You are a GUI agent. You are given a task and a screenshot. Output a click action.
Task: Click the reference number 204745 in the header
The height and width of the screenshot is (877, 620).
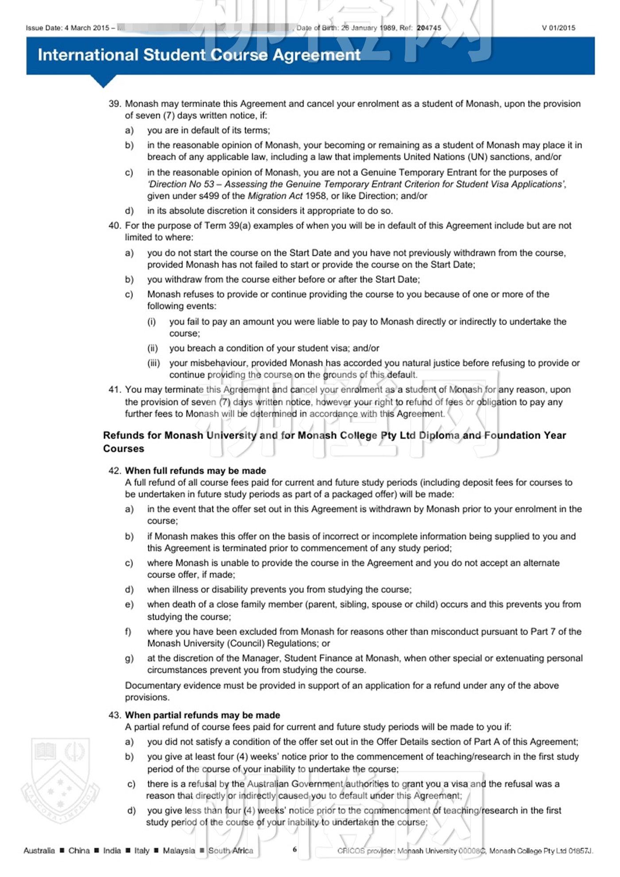pyautogui.click(x=429, y=28)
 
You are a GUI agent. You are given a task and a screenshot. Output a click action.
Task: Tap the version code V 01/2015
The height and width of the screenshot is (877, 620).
pyautogui.click(x=558, y=28)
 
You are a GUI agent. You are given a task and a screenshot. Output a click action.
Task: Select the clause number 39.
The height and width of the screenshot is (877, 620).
pyautogui.click(x=115, y=104)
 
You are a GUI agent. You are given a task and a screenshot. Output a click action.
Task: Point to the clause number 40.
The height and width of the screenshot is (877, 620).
pyautogui.click(x=115, y=225)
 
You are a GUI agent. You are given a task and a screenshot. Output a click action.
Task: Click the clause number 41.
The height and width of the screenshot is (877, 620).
pyautogui.click(x=115, y=390)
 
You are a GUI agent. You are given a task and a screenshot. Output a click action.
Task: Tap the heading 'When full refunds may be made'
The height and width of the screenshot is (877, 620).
pyautogui.click(x=195, y=470)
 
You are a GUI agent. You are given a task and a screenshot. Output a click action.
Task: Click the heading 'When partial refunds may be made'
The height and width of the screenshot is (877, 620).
pyautogui.click(x=202, y=715)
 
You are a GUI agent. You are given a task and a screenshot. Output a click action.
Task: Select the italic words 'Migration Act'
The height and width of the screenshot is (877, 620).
pyautogui.click(x=275, y=196)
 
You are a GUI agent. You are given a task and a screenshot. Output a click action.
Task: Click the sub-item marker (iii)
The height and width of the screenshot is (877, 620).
pyautogui.click(x=154, y=363)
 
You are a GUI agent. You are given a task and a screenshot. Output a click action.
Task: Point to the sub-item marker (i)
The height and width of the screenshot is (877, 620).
pyautogui.click(x=151, y=322)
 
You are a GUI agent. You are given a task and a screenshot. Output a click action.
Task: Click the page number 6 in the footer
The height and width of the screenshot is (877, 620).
pyautogui.click(x=294, y=849)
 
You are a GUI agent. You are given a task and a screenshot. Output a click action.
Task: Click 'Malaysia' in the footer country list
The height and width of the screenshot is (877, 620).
pyautogui.click(x=178, y=850)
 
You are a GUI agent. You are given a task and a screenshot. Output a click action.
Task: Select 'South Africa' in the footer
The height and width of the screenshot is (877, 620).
pyautogui.click(x=231, y=850)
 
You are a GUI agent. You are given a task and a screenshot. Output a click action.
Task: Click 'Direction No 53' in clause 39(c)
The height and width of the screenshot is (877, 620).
pyautogui.click(x=182, y=184)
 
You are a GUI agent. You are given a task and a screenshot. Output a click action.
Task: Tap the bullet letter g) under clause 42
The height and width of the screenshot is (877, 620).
pyautogui.click(x=129, y=658)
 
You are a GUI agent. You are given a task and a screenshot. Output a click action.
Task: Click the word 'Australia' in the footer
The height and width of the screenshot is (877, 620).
pyautogui.click(x=39, y=850)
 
